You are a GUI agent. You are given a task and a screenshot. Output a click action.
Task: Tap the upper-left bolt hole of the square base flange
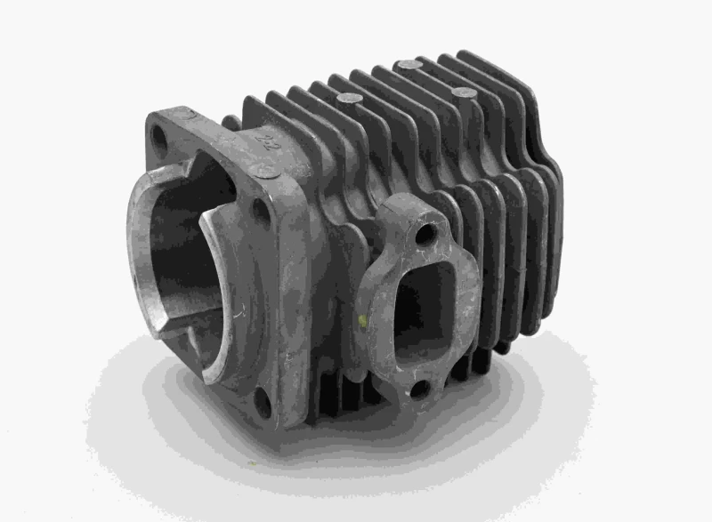(159, 136)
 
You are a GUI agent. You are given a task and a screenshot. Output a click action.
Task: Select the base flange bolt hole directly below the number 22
(259, 211)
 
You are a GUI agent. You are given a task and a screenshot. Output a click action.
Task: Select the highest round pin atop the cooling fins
(409, 65)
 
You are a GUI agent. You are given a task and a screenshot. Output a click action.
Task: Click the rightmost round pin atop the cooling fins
(462, 92)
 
